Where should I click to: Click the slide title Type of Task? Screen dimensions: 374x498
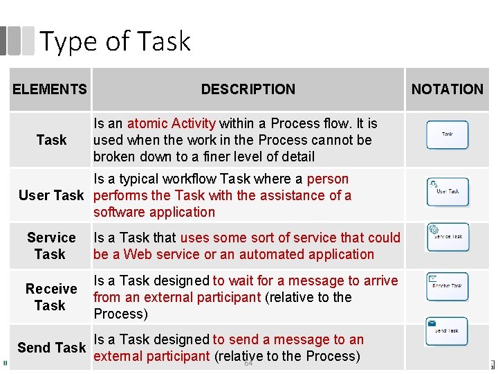click(x=115, y=42)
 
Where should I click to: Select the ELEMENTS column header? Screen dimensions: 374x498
click(x=50, y=89)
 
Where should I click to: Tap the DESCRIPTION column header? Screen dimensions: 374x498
click(x=248, y=89)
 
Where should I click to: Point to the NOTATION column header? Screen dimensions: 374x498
click(x=447, y=89)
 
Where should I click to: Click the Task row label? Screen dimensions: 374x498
click(x=51, y=140)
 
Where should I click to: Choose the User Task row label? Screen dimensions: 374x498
click(x=51, y=195)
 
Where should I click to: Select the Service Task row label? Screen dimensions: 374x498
click(x=51, y=246)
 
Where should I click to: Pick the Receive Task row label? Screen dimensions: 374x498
click(x=51, y=297)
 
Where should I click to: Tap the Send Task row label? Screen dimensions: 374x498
click(x=51, y=348)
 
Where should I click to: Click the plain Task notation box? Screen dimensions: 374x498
click(x=447, y=134)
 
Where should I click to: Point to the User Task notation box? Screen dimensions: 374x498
click(x=447, y=191)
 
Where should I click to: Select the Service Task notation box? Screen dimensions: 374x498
click(x=448, y=237)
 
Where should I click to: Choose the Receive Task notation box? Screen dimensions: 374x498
click(x=447, y=286)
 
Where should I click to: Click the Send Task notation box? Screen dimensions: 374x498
click(x=447, y=331)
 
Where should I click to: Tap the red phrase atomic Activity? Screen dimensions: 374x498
click(x=171, y=123)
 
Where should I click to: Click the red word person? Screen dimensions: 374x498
click(x=328, y=179)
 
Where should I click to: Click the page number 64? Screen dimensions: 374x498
click(x=248, y=363)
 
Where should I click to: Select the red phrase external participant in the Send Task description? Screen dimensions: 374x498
click(x=151, y=357)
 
